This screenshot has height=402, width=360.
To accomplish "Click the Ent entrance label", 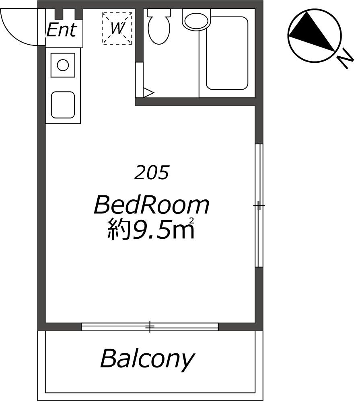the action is [x=62, y=30].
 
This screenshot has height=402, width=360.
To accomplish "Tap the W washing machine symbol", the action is [x=117, y=28].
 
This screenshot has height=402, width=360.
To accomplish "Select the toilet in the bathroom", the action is [x=159, y=27].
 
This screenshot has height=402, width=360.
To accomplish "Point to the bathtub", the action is [x=227, y=53].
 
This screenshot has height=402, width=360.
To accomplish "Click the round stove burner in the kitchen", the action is [x=63, y=65].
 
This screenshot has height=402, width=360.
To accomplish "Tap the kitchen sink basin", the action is [x=63, y=105].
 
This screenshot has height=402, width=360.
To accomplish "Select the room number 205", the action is [x=152, y=172].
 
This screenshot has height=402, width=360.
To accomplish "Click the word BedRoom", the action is [x=152, y=205].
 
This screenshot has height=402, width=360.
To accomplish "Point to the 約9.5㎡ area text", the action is [x=150, y=229].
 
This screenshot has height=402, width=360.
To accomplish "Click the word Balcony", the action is [x=147, y=359].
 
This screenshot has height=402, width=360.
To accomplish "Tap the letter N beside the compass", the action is [x=345, y=59].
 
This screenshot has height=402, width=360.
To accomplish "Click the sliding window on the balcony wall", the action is [x=150, y=327].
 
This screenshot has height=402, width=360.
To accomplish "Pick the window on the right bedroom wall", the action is [x=259, y=205].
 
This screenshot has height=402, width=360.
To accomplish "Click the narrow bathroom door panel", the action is [x=139, y=80].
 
